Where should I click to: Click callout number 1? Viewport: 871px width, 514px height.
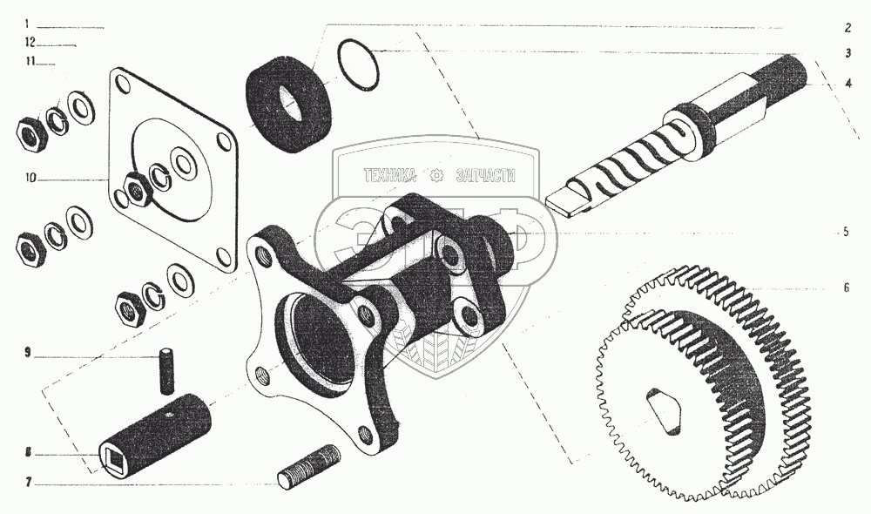(x=28, y=24)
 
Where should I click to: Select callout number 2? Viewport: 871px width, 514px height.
(x=846, y=27)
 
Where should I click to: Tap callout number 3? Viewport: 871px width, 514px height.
(x=846, y=52)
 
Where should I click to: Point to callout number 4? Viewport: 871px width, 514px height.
(x=846, y=84)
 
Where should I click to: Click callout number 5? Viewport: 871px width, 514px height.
(x=844, y=232)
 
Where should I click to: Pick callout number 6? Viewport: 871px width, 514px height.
(x=845, y=287)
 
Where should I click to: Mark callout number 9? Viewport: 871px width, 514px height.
(x=28, y=354)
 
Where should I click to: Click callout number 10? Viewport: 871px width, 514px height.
(x=30, y=179)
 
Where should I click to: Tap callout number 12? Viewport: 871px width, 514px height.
(x=30, y=42)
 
